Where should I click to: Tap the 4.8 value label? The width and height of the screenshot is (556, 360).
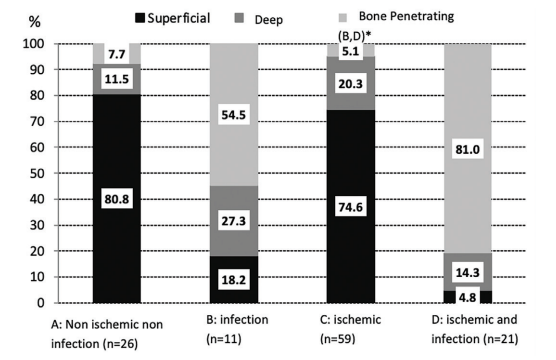(464, 296)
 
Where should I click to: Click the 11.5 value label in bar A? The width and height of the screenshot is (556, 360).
(113, 78)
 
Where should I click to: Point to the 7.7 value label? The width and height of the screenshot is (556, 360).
(113, 54)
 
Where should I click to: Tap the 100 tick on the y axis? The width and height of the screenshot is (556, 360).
(29, 44)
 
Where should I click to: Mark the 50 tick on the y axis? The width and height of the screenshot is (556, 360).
(33, 174)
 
